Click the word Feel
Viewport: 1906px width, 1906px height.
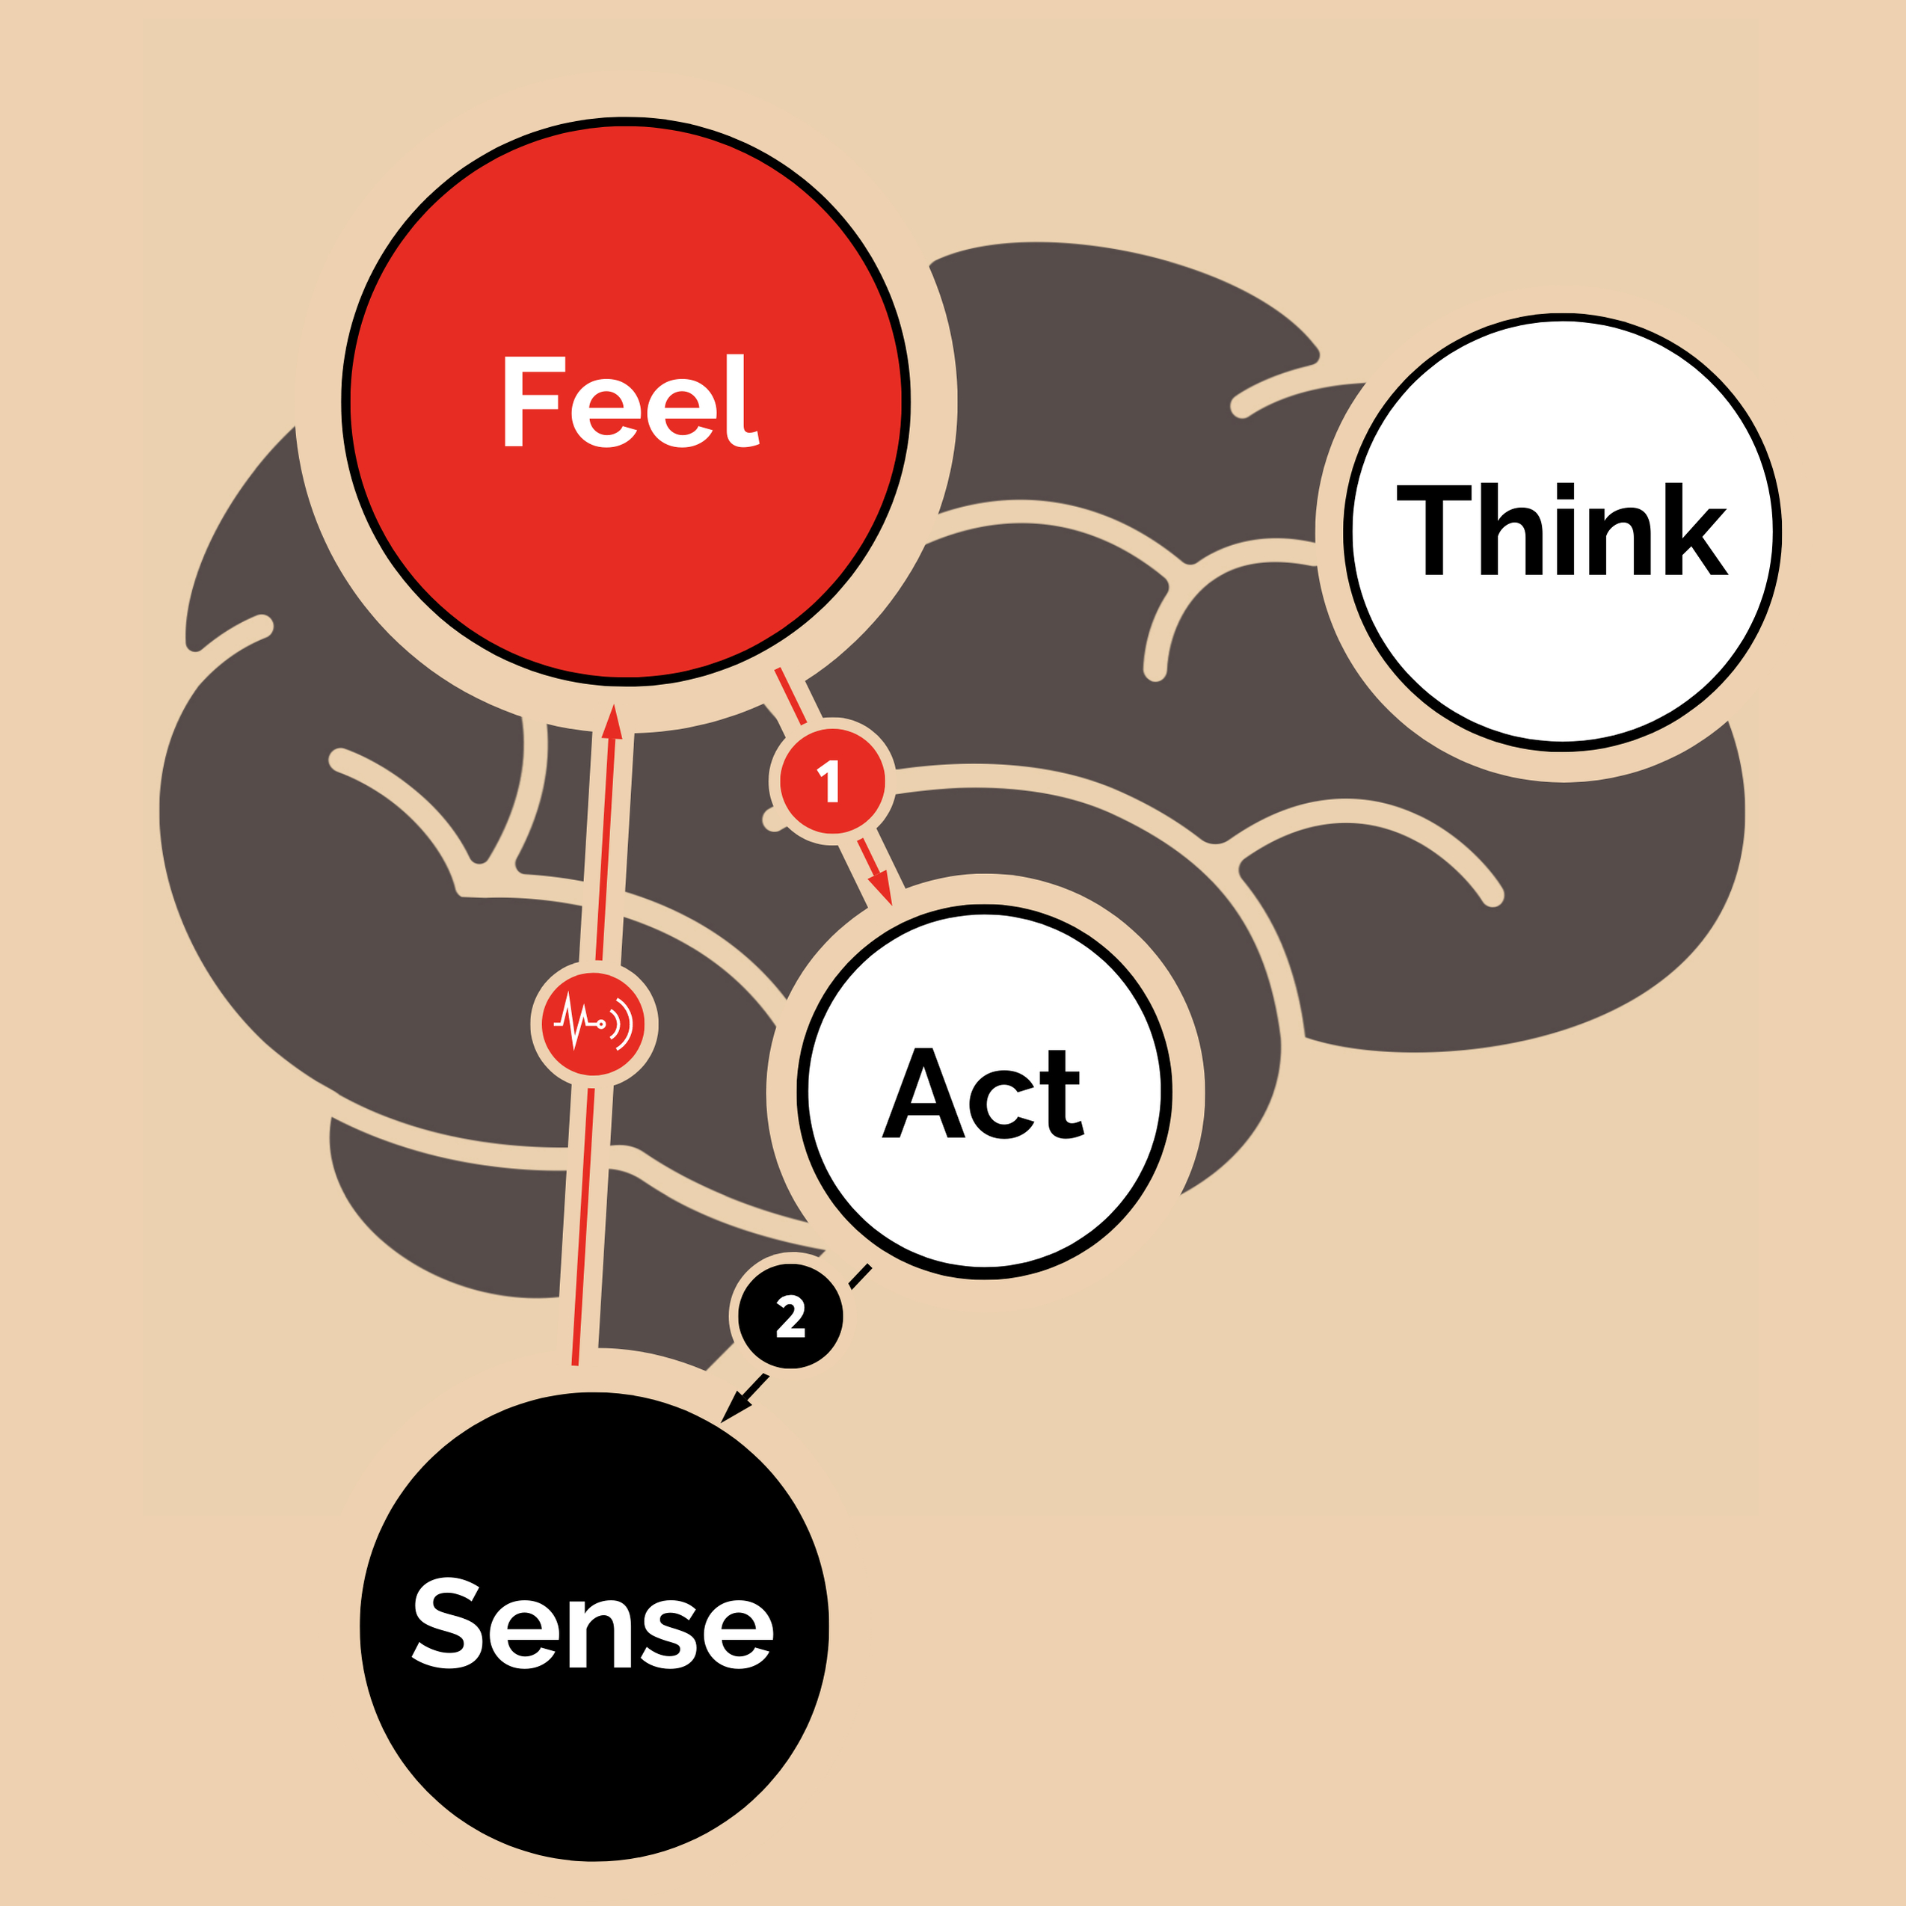coord(630,402)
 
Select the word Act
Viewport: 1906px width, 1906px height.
coord(983,1093)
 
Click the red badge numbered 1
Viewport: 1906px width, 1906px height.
coord(831,781)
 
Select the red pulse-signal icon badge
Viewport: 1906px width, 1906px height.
coord(593,1024)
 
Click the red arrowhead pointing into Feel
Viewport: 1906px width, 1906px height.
coord(614,721)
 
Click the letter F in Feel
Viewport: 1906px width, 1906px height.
coord(532,402)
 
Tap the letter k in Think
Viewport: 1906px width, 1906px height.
coord(1693,529)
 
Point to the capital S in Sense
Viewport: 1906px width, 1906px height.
coord(446,1622)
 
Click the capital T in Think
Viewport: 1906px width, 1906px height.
coord(1433,529)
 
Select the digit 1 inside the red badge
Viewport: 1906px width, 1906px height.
coord(831,781)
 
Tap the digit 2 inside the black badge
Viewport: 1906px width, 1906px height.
coord(790,1317)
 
